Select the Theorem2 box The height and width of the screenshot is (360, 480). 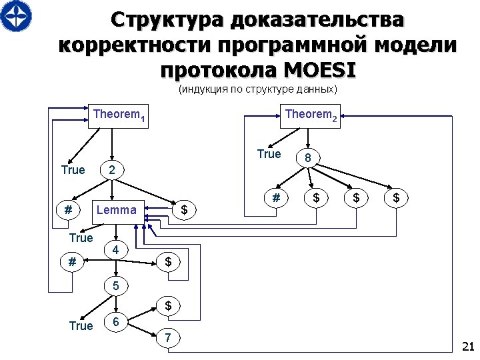pos(311,115)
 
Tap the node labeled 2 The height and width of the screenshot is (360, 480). pos(112,170)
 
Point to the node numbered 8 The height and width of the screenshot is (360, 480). pos(307,158)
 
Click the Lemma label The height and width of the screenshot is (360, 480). pos(116,211)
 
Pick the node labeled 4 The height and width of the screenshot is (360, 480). pos(116,251)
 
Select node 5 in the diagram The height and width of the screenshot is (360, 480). pos(116,287)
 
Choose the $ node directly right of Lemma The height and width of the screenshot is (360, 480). pos(185,211)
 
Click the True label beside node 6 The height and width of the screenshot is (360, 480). pos(81,325)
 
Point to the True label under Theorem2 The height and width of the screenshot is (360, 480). pos(269,154)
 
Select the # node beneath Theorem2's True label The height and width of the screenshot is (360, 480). pos(275,197)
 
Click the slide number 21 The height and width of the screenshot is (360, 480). pos(467,346)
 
